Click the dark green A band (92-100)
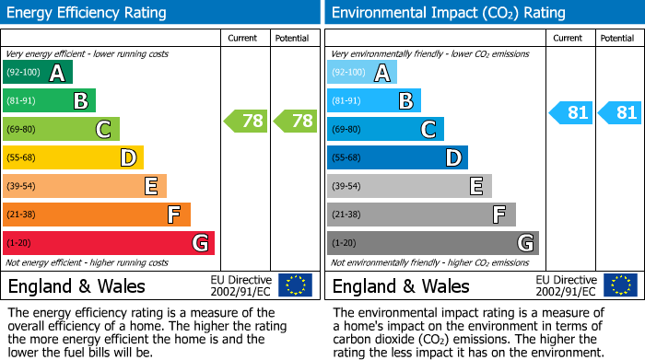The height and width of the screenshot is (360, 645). (x=37, y=73)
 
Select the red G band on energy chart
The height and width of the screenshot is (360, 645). (x=108, y=243)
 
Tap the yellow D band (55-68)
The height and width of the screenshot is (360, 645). (x=73, y=157)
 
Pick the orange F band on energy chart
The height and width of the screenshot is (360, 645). (x=96, y=215)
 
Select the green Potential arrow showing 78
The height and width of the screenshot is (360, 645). (x=294, y=121)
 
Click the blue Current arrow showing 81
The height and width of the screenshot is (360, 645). (x=570, y=113)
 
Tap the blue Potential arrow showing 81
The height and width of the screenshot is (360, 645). (x=618, y=113)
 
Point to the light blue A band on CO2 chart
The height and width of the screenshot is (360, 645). (x=361, y=73)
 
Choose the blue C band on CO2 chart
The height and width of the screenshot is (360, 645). (x=385, y=129)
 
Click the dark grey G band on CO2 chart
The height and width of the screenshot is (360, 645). (x=432, y=243)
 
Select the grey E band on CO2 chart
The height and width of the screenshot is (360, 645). (x=409, y=186)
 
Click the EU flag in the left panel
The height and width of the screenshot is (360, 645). (x=295, y=285)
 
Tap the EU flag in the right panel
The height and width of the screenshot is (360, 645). (x=619, y=285)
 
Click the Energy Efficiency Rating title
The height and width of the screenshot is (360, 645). (x=88, y=13)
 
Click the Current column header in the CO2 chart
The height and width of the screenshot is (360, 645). (x=569, y=38)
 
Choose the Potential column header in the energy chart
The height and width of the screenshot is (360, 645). (x=292, y=38)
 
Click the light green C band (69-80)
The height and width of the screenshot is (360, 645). (x=61, y=129)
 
